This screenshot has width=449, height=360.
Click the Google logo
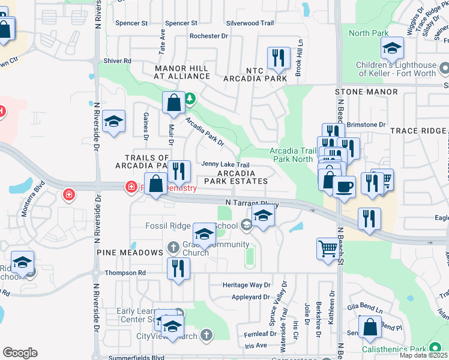(20, 353)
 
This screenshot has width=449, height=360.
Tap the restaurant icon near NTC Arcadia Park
(278, 58)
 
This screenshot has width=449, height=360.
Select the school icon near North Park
(392, 47)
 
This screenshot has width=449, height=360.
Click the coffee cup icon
(344, 187)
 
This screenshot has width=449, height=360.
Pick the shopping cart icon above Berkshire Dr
(328, 248)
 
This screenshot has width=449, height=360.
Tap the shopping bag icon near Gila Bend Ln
(370, 328)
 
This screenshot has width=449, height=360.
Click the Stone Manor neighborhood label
(366, 92)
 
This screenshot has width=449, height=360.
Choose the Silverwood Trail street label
(250, 23)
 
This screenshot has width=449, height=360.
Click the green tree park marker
(190, 98)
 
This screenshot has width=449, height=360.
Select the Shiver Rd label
(117, 61)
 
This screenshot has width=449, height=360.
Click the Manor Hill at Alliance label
(182, 73)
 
